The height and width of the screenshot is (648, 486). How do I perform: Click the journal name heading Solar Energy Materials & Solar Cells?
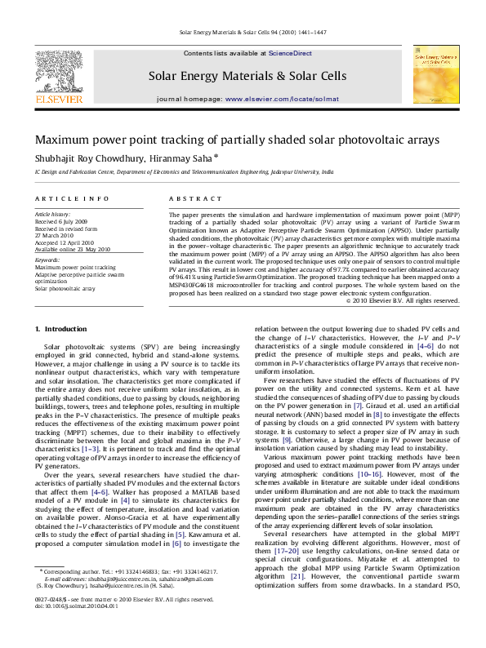[x=247, y=76]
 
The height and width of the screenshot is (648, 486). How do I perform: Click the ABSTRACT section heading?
[x=190, y=199]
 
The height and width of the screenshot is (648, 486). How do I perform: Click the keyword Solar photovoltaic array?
[x=65, y=288]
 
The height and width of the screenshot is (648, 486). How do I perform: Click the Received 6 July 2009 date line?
[x=63, y=220]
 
